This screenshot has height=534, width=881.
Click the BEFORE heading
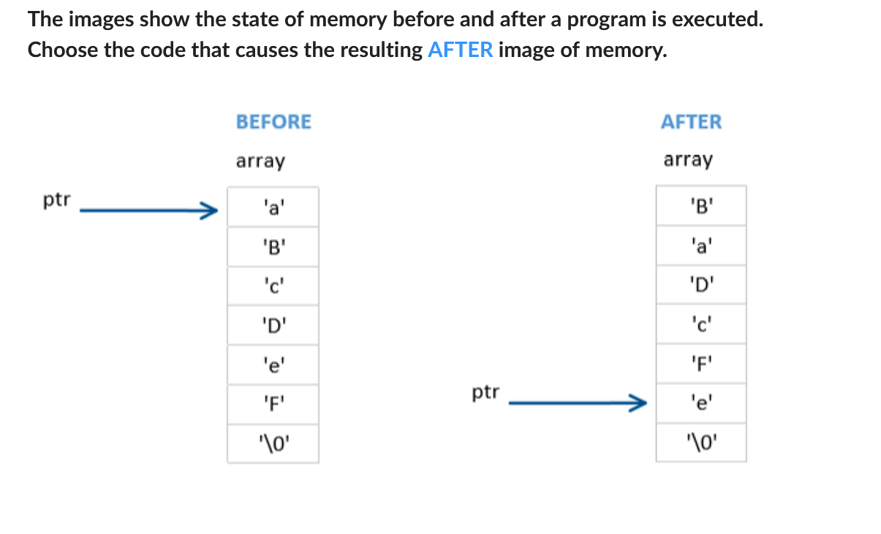(273, 122)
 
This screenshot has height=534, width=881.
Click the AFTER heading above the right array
(691, 122)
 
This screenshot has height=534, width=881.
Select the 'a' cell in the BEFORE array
(273, 207)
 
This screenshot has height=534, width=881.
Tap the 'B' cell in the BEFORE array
(273, 247)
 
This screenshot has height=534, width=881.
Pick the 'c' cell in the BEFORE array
(273, 286)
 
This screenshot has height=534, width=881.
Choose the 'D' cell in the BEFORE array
(273, 325)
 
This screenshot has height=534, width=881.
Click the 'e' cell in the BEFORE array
(273, 365)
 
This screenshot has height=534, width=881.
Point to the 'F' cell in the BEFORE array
(273, 404)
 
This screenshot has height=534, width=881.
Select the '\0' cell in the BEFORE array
(273, 443)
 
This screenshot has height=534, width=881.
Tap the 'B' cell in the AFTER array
(700, 205)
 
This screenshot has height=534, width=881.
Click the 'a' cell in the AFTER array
(700, 245)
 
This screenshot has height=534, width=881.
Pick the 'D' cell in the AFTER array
(700, 284)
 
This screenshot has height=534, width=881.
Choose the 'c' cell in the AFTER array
(700, 324)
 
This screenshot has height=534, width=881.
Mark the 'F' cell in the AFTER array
(700, 363)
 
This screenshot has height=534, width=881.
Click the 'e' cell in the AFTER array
(700, 403)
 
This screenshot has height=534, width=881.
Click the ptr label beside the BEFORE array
(57, 200)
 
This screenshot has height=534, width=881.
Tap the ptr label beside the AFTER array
(485, 393)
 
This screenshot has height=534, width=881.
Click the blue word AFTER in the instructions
(461, 51)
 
